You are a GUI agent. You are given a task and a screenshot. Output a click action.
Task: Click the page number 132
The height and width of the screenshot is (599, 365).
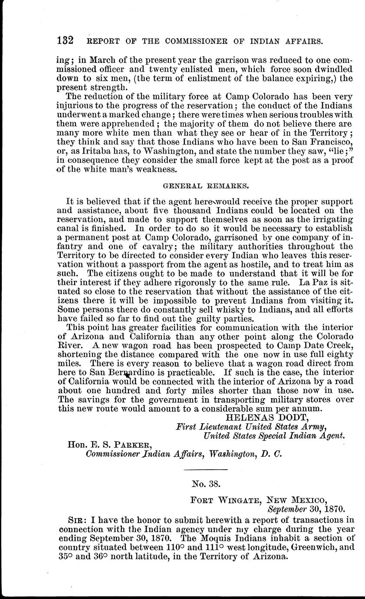pos(66,41)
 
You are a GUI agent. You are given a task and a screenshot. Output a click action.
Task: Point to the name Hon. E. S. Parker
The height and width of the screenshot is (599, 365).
pos(109,444)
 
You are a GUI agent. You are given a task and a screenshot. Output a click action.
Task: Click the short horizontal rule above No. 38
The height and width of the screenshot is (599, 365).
pos(206,470)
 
